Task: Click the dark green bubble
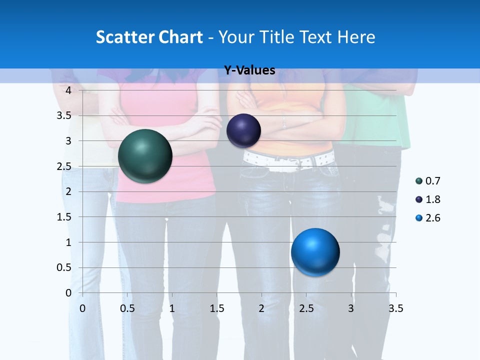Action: (145, 156)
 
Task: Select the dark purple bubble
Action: (243, 131)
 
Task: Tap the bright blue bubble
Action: (315, 252)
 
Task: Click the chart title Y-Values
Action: (249, 70)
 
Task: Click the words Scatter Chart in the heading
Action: (149, 37)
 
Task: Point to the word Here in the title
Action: (356, 37)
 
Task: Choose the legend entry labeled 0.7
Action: (428, 181)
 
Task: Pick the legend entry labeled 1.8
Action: (428, 199)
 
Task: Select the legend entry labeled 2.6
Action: (428, 218)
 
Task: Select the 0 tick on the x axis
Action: (82, 308)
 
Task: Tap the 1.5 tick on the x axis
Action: (216, 308)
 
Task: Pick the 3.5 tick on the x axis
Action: (395, 308)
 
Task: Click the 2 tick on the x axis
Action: (261, 308)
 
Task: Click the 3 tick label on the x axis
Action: (351, 308)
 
